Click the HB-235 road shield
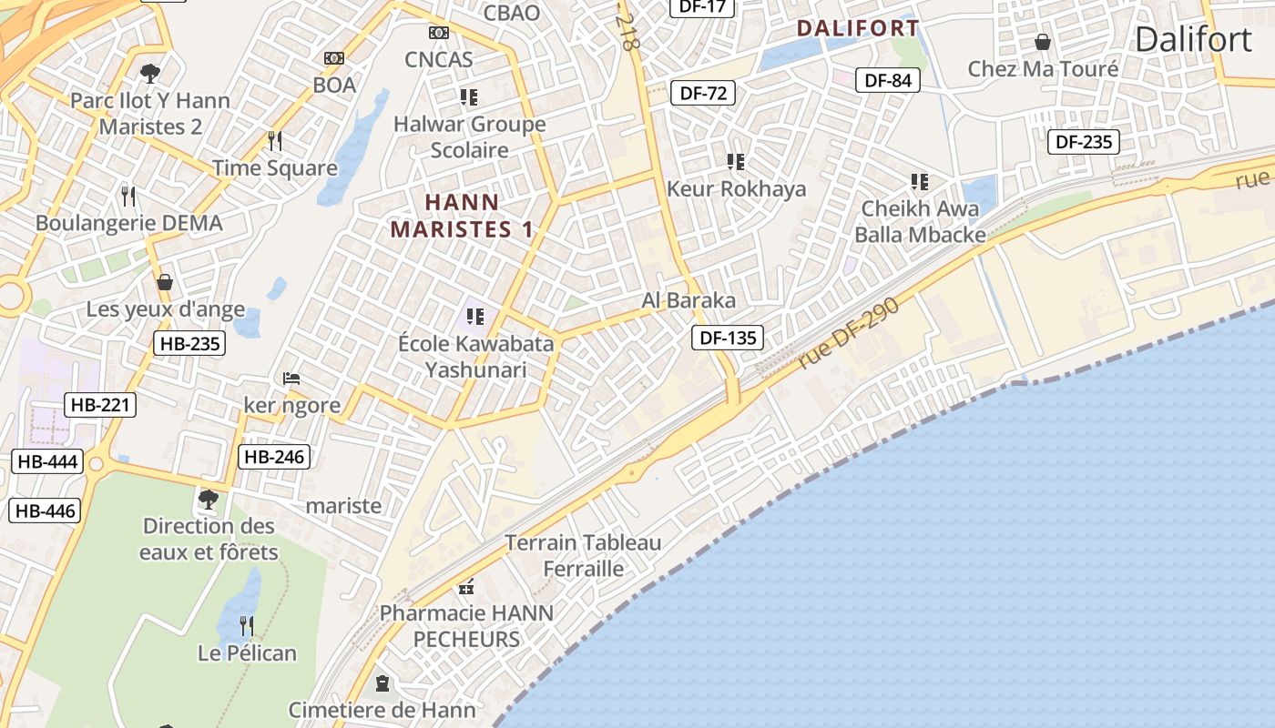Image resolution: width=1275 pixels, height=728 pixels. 189,343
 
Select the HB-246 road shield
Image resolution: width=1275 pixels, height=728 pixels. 273,457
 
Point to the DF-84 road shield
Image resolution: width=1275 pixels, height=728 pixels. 888,80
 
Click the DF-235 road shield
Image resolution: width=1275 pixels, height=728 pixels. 1084,142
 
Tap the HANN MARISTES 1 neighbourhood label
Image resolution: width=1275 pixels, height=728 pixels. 462,216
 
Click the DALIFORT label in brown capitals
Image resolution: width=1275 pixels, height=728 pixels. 858,28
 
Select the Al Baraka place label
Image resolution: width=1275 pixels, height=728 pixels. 688,300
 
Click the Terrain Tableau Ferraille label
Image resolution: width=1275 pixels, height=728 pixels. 584,556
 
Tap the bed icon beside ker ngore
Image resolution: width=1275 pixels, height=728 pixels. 291,378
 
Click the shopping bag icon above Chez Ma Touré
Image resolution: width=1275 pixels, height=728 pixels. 1043,42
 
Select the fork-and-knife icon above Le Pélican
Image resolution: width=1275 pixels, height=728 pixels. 247,625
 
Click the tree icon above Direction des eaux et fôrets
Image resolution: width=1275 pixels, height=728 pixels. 209,499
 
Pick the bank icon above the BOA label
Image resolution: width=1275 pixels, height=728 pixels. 334,58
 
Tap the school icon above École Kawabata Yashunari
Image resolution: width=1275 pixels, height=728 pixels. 474,317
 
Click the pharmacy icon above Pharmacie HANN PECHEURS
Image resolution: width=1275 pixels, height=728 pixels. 467,586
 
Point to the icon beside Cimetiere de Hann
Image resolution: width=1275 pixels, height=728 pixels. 382,682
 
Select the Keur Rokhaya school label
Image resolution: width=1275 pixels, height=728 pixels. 737,189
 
